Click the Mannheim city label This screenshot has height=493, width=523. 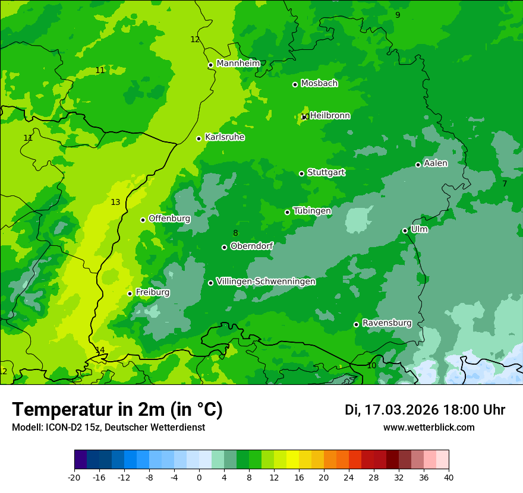coord(238,64)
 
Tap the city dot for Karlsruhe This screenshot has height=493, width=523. coord(199,138)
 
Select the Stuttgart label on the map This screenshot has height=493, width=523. coord(326,172)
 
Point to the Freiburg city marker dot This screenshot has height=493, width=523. coord(130,293)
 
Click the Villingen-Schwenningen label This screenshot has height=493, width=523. coord(266,282)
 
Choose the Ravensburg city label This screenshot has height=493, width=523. coord(386,323)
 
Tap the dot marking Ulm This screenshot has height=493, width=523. coord(405,230)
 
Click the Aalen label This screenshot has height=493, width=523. coord(436,163)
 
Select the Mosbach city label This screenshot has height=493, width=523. coord(319,84)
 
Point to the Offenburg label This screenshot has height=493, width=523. coord(169,219)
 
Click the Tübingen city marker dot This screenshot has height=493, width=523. coord(288,212)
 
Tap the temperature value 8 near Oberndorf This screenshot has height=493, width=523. coord(235,233)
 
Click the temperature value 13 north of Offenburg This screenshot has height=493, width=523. coord(115,203)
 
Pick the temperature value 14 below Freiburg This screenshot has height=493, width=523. coord(100,350)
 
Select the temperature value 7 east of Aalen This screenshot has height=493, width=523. coord(505,184)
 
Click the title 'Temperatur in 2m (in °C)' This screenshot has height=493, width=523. coord(117,410)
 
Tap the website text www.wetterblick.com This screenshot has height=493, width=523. coord(429,428)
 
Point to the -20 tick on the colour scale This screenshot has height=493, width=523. coord(74,478)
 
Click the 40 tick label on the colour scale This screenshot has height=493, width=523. coord(449,478)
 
